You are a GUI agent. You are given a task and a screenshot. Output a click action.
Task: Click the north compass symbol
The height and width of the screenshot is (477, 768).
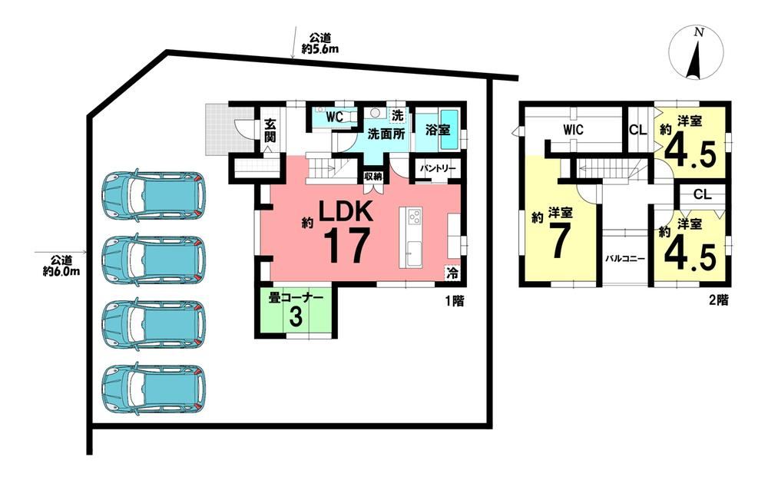click(x=696, y=53)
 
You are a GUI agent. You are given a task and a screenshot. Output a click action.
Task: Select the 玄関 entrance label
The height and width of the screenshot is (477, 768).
click(x=270, y=131)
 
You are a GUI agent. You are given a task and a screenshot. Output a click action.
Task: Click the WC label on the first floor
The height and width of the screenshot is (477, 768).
click(x=335, y=118)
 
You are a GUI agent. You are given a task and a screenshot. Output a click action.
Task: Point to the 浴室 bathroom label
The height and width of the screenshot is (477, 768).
click(x=438, y=131)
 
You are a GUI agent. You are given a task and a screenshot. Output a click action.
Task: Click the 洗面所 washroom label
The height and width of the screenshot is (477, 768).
click(x=386, y=134)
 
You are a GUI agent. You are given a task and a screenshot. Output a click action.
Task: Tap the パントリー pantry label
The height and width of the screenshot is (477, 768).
click(x=438, y=168)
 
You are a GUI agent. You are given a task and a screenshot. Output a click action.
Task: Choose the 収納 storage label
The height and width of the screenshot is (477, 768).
click(x=372, y=177)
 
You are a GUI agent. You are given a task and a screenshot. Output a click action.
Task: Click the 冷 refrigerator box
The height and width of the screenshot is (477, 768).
click(x=452, y=273)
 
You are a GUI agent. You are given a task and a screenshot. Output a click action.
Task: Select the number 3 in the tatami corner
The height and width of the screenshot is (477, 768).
click(x=296, y=316)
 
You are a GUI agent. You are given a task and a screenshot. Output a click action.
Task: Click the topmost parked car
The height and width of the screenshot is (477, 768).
click(x=154, y=195)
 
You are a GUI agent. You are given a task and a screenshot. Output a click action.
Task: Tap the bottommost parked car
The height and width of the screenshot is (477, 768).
click(x=154, y=389)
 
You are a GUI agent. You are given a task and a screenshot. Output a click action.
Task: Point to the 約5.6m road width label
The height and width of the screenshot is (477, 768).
click(x=319, y=48)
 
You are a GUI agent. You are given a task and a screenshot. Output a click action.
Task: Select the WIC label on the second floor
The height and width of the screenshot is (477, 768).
click(x=573, y=130)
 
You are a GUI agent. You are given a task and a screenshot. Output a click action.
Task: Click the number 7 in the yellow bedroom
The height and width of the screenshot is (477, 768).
click(x=558, y=241)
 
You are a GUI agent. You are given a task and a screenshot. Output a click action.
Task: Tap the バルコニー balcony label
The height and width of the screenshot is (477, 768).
click(x=624, y=259)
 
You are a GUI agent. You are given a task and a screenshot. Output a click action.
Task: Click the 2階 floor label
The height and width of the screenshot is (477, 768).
click(x=719, y=300)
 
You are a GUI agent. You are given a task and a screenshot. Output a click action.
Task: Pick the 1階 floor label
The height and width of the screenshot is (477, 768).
click(x=455, y=301)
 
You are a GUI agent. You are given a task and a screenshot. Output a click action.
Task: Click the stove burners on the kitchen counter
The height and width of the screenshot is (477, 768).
click(x=415, y=216)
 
